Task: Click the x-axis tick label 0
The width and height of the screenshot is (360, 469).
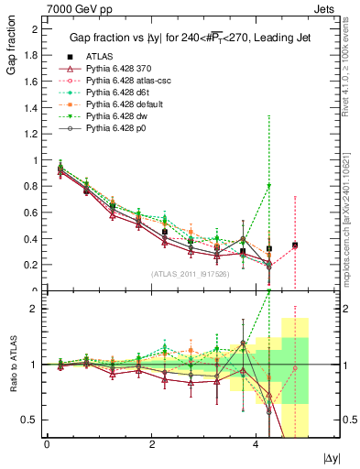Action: click(47, 443)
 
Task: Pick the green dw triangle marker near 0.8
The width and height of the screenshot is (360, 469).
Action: click(268, 186)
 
